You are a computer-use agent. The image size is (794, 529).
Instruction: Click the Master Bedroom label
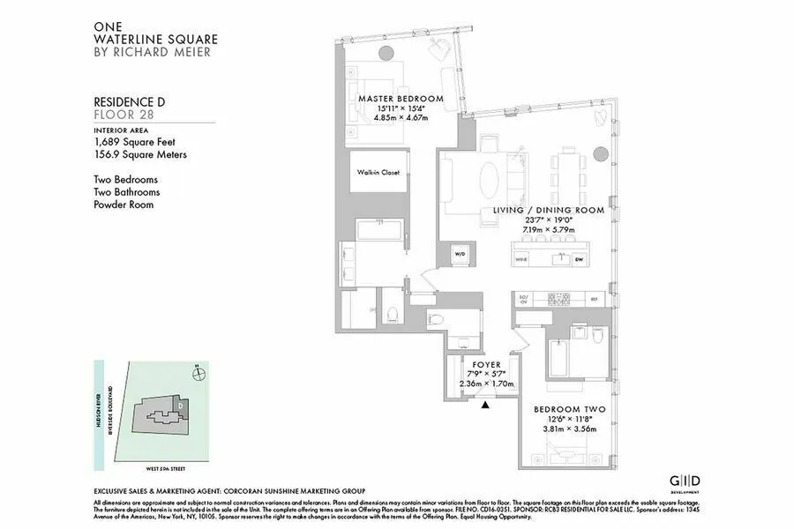pos(400,98)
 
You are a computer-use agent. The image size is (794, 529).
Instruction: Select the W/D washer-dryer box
pos(460,256)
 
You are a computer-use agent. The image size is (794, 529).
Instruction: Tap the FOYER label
pos(486,364)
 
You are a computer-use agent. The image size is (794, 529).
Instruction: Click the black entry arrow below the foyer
pos(486,405)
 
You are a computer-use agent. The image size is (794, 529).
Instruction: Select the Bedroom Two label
pos(563,409)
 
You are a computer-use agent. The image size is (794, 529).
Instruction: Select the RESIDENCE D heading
pos(129,102)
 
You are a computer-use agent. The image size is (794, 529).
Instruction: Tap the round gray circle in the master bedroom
pos(385,54)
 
